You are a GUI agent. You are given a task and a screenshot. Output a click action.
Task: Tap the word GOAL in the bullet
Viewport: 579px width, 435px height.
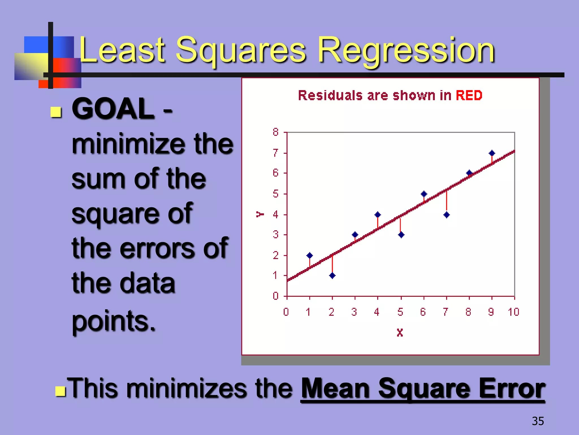pyautogui.click(x=113, y=109)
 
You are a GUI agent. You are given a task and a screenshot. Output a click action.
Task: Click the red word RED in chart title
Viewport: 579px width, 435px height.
pyautogui.click(x=469, y=95)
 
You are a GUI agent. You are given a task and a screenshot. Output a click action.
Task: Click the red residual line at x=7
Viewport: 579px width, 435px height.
pyautogui.click(x=446, y=201)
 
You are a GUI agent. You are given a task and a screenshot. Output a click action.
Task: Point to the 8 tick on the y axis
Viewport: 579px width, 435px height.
pyautogui.click(x=276, y=132)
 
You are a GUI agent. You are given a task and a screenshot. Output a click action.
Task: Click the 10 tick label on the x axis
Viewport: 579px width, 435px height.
pyautogui.click(x=513, y=312)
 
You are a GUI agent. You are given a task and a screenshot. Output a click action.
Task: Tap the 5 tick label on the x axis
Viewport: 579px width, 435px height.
pyautogui.click(x=400, y=312)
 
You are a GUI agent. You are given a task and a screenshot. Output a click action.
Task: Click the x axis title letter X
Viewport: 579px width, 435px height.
pyautogui.click(x=400, y=332)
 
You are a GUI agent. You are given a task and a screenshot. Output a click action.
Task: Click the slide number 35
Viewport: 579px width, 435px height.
pyautogui.click(x=537, y=421)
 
